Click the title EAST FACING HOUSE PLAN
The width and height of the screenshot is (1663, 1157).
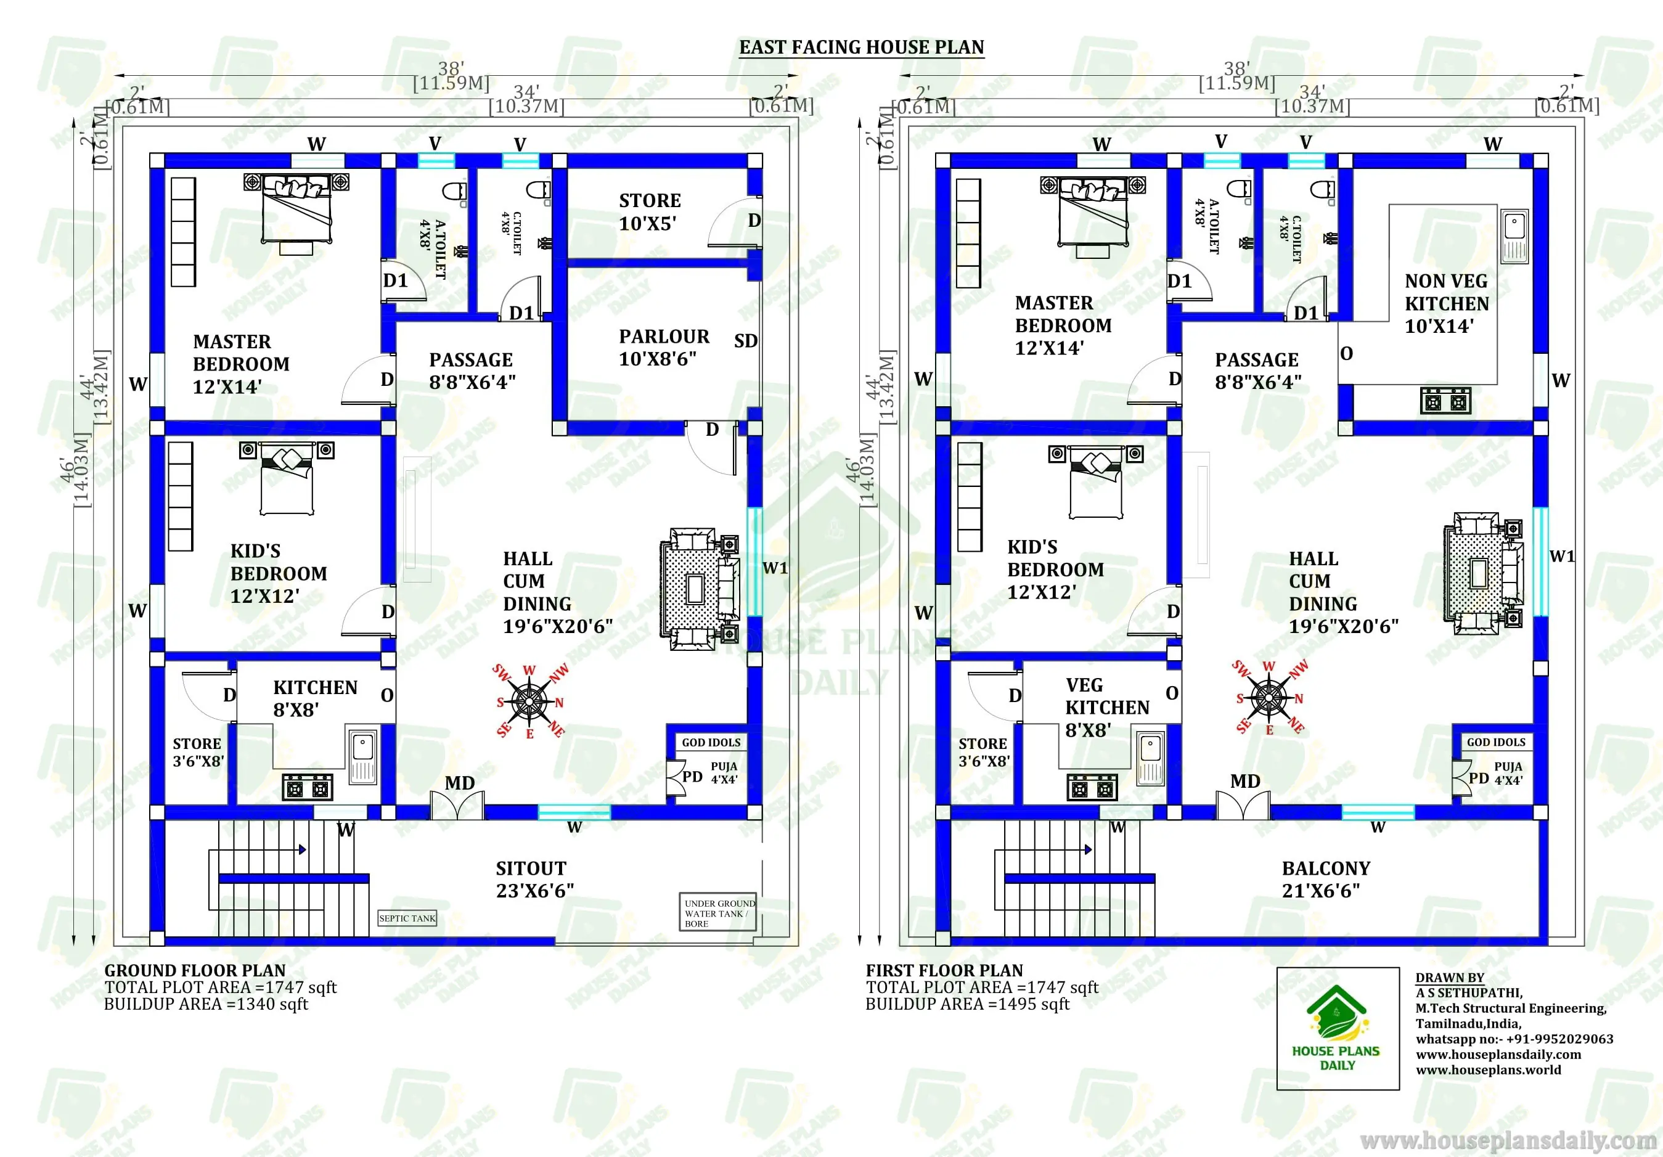tap(861, 48)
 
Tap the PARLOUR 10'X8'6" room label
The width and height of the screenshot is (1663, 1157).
tap(663, 348)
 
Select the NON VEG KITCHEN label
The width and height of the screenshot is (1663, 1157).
tap(1447, 303)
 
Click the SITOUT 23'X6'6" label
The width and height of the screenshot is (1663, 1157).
tap(534, 880)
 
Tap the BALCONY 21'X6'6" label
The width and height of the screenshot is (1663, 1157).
tap(1325, 880)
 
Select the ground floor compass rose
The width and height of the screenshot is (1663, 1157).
tap(530, 701)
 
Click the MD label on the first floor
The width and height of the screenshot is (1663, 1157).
tap(1245, 781)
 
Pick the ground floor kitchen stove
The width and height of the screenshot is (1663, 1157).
tap(307, 787)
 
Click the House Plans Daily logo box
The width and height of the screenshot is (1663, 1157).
tap(1337, 1028)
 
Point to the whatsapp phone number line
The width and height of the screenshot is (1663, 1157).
tap(1514, 1039)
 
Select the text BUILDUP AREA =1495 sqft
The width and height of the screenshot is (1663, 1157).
tap(967, 1004)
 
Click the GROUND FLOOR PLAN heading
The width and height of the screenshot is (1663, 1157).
tap(195, 970)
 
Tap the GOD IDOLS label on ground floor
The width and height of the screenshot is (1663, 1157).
tap(711, 743)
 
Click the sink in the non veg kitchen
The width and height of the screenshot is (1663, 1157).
tap(1514, 236)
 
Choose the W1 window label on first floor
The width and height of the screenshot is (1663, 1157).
tap(1561, 557)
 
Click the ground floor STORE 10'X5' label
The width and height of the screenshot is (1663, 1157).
tap(649, 211)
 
